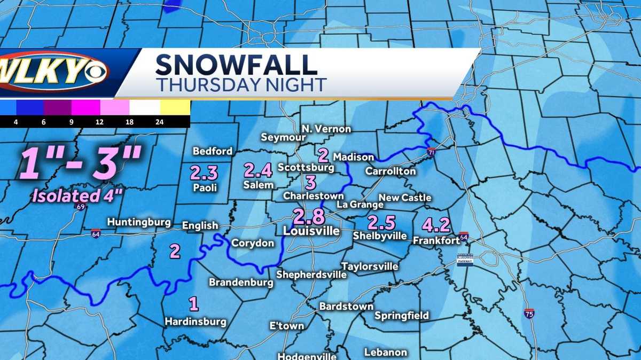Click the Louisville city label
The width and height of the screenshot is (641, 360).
pos(311,231)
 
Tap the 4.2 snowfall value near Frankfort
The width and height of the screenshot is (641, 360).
pos(436,225)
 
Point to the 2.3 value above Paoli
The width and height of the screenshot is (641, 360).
pos(204,173)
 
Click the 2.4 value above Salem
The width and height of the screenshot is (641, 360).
pos(258,170)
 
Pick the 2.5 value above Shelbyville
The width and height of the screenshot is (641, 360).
pos(381,222)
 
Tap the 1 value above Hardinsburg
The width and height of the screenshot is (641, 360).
pos(194,304)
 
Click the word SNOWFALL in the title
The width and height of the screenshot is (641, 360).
pos(236,65)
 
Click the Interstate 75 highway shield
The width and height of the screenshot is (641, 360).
pos(529,314)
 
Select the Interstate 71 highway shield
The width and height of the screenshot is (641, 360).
pos(431,153)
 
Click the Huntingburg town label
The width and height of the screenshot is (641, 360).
pos(139,222)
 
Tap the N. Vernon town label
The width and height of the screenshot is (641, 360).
pos(326,129)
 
